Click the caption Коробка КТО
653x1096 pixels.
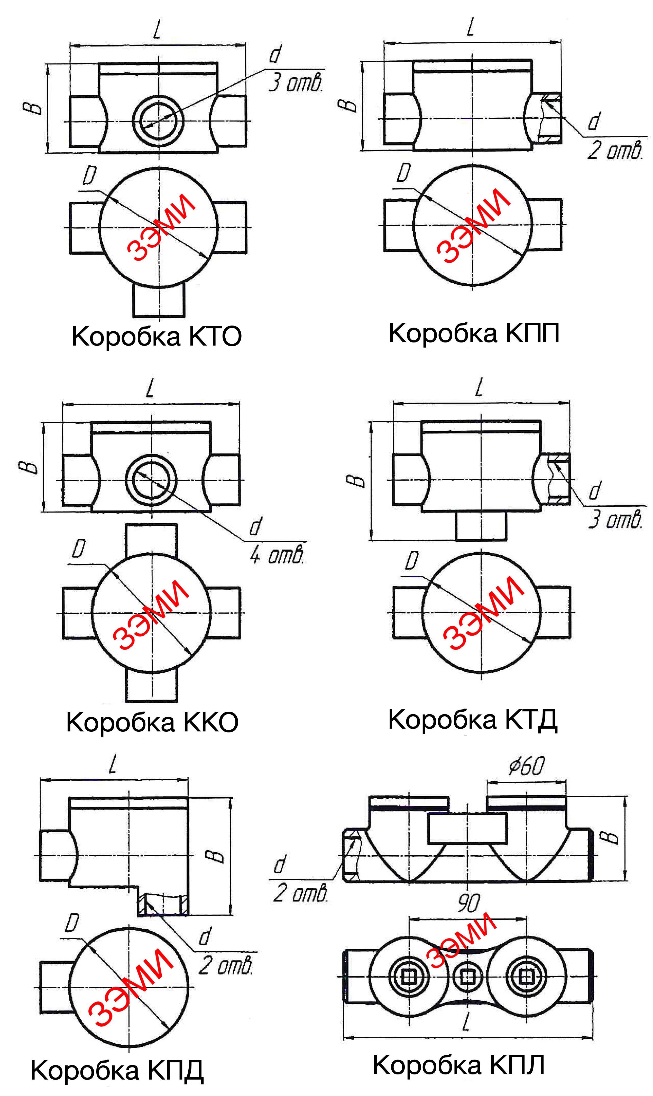[x=157, y=337]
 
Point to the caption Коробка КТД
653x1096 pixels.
[x=473, y=720]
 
